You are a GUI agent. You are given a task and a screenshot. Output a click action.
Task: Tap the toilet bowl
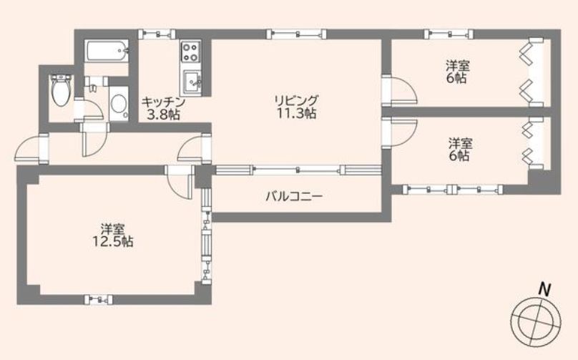tap(60, 89)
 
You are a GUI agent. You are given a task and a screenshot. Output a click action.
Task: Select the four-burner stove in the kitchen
tap(190, 52)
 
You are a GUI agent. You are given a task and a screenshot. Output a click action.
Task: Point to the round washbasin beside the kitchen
tap(119, 104)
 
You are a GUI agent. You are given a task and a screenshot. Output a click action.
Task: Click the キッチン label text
tap(159, 102)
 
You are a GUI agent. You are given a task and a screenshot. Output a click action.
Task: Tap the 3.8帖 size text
tap(162, 114)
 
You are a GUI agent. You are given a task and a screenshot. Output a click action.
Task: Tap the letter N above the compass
tap(544, 290)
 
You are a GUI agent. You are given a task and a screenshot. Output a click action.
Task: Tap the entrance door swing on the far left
tap(31, 149)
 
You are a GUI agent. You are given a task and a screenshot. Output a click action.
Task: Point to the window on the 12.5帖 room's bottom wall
tap(96, 298)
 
